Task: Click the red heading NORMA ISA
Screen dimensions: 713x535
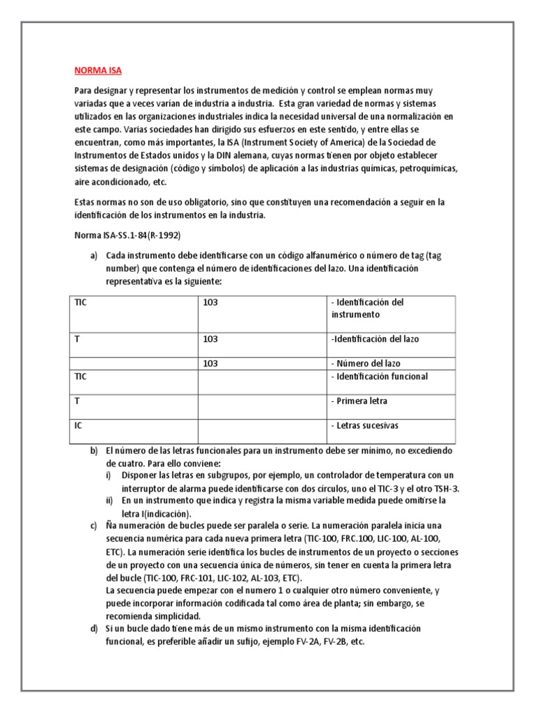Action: [x=98, y=70]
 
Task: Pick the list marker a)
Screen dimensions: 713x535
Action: [x=94, y=256]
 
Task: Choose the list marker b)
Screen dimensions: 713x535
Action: [x=94, y=450]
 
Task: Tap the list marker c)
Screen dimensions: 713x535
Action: [x=94, y=524]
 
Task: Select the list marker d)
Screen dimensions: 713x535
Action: [x=94, y=628]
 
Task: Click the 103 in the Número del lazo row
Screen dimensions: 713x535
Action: [x=210, y=363]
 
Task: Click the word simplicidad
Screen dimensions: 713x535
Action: [x=171, y=616]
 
